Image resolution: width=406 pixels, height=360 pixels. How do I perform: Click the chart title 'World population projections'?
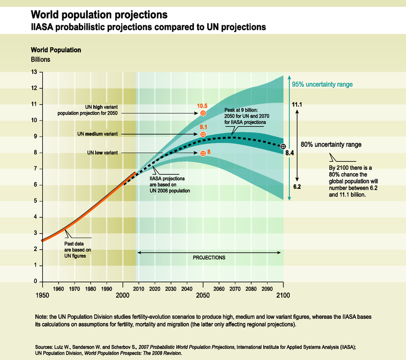[x=100, y=13]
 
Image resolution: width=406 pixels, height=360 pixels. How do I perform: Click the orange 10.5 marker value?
[x=202, y=106]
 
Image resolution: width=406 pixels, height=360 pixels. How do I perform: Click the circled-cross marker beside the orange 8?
[x=202, y=153]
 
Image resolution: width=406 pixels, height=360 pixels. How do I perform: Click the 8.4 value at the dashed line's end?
[x=290, y=152]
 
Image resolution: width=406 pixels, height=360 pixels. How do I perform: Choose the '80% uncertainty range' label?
[x=331, y=144]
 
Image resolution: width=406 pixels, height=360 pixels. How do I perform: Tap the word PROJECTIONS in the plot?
[x=209, y=257]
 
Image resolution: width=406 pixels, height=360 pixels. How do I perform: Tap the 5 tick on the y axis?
[x=35, y=201]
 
